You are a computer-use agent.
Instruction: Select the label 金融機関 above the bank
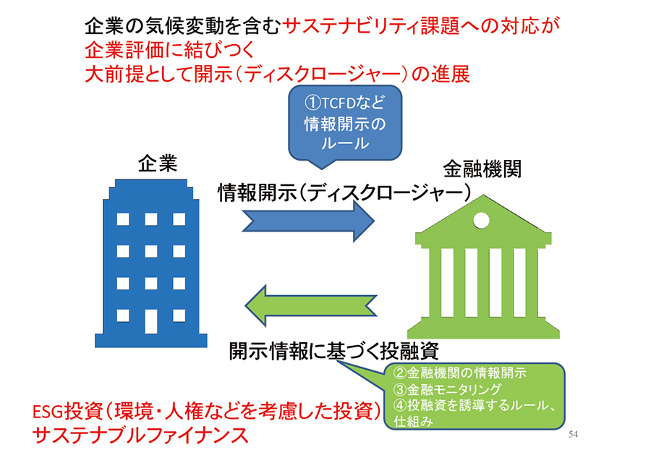click(482, 169)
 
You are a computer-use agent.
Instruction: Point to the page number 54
click(575, 435)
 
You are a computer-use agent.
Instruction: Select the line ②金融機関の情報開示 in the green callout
click(460, 373)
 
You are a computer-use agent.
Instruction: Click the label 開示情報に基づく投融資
click(333, 351)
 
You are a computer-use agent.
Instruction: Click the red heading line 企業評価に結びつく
click(167, 51)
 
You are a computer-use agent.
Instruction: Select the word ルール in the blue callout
click(344, 143)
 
